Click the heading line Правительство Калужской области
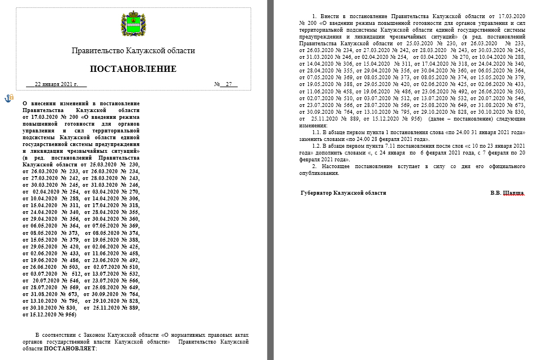coord(133,51)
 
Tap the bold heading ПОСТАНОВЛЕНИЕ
coord(133,69)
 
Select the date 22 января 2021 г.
coord(56,84)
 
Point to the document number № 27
coord(226,84)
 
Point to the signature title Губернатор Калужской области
coord(343,192)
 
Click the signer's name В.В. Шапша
coord(508,192)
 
